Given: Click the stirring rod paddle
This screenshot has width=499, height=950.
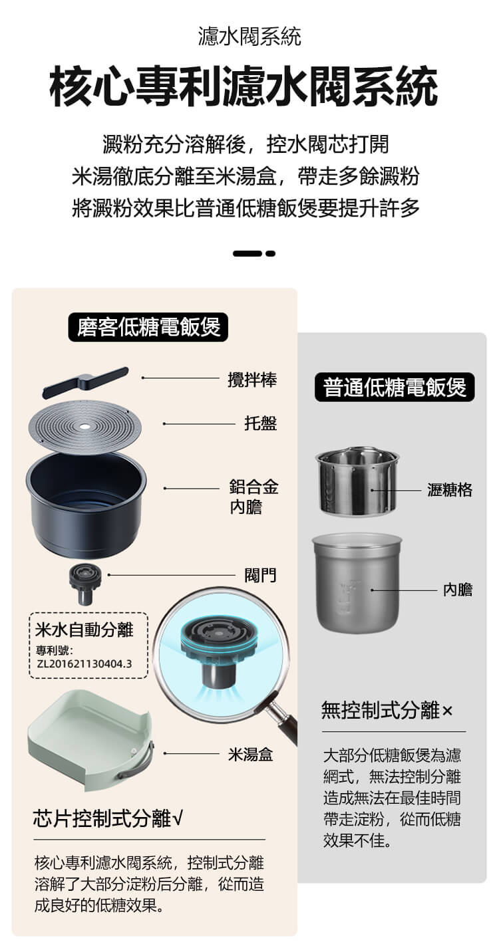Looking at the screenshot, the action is click(x=85, y=382).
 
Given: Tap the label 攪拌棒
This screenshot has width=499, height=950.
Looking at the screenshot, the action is click(x=252, y=379).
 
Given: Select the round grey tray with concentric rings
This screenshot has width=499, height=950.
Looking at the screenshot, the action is click(x=85, y=427).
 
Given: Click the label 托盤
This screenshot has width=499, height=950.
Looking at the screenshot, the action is click(x=261, y=423).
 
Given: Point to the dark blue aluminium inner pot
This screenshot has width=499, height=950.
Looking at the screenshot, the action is click(x=86, y=505).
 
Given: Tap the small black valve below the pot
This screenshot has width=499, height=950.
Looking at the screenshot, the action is click(x=85, y=585).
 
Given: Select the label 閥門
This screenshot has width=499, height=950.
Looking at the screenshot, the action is click(x=260, y=575).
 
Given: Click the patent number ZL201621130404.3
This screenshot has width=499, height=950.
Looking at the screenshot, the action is click(x=84, y=663).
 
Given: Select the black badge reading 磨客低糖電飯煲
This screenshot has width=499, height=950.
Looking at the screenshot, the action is click(x=148, y=327).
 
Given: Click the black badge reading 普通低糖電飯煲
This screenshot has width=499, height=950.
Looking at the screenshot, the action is click(x=395, y=387).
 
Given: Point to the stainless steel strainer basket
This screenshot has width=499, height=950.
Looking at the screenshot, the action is click(x=357, y=481).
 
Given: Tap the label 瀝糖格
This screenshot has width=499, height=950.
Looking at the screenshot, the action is click(x=450, y=490).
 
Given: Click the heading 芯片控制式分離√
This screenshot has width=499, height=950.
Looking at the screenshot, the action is click(x=108, y=818).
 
